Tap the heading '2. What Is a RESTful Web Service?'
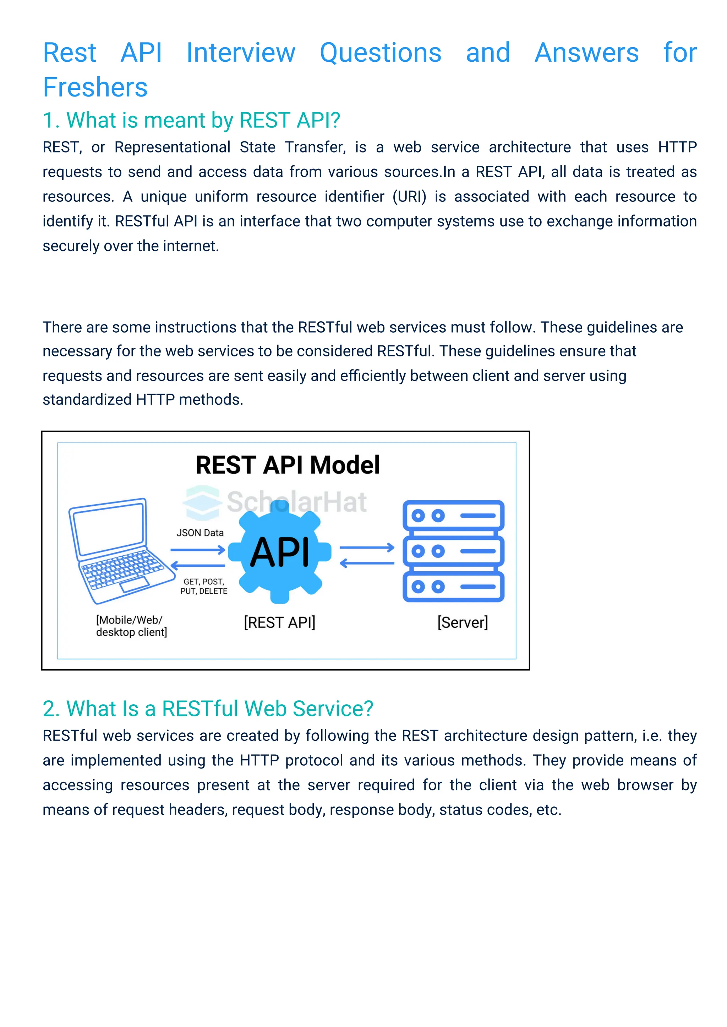[x=208, y=709]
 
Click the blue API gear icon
[x=279, y=553]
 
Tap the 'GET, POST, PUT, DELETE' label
[x=204, y=587]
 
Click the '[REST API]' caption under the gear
[x=279, y=622]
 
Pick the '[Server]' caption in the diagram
[x=463, y=622]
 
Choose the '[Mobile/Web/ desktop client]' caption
[x=131, y=626]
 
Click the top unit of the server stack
[x=453, y=516]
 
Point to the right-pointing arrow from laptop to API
[x=197, y=550]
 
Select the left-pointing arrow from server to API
[x=367, y=564]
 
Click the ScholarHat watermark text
[x=296, y=502]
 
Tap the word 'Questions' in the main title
[x=381, y=53]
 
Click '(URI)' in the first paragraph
[x=409, y=197]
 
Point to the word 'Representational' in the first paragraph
[x=173, y=147]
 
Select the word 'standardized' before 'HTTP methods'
[x=87, y=399]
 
